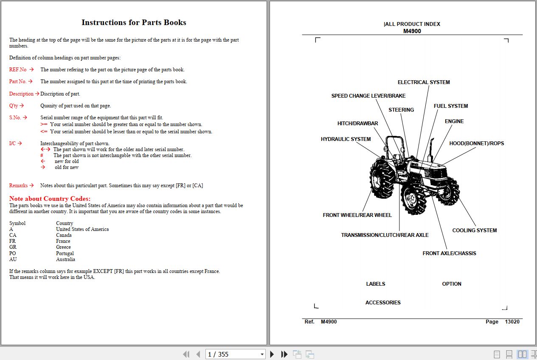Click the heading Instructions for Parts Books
pos(134,22)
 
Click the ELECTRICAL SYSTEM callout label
pos(423,82)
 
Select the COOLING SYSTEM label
pos(474,231)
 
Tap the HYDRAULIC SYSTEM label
pos(346,139)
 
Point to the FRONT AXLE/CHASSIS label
pos(449,253)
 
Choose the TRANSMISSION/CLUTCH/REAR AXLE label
pos(385,235)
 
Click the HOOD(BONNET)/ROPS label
pos(476,143)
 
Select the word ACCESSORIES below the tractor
pos(383,303)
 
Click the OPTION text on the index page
pos(451,284)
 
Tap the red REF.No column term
pos(18,70)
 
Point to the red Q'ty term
pos(14,106)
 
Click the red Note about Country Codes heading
pos(50,199)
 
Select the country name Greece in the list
pos(63,247)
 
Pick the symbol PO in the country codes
pos(12,253)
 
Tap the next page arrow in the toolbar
pos(272,354)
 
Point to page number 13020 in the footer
pos(512,322)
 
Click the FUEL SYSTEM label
pos(450,106)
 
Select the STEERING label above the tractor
pos(401,110)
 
